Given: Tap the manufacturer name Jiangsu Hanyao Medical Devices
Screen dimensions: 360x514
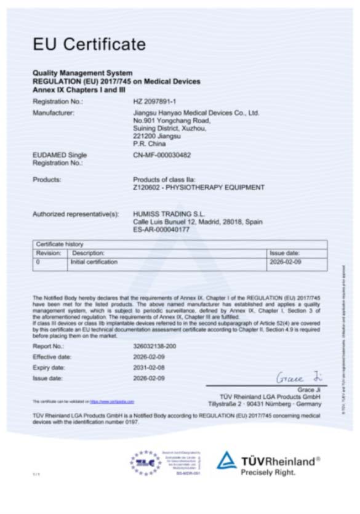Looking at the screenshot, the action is click(x=196, y=113).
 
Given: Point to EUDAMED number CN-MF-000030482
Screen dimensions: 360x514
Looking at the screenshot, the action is click(x=162, y=155).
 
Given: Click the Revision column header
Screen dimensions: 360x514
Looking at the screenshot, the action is click(x=48, y=253).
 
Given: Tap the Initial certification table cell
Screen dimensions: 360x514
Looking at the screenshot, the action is click(x=94, y=262).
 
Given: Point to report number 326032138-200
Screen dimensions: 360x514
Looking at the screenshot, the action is click(x=154, y=347).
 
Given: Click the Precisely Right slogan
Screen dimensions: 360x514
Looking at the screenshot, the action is click(x=268, y=473).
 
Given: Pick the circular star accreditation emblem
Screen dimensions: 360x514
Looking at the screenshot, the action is click(x=145, y=462).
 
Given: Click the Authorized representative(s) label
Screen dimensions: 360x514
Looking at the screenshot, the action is click(x=75, y=214).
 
